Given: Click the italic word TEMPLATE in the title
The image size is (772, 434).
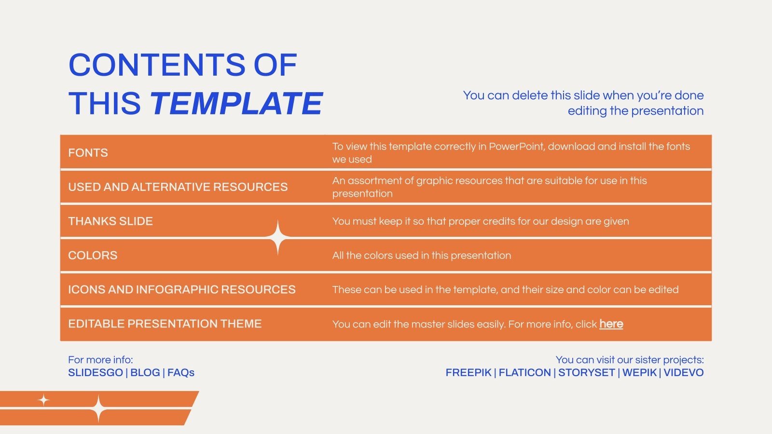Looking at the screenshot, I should tap(236, 103).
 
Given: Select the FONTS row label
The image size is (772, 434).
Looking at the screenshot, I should tap(88, 153).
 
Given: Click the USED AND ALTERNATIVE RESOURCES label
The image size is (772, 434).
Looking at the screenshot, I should tap(178, 187).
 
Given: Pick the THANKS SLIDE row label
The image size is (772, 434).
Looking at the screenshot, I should tap(110, 221).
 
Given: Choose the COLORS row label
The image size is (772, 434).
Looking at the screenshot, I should tap(93, 256).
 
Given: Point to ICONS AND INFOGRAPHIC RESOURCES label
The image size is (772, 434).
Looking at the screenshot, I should tap(181, 290).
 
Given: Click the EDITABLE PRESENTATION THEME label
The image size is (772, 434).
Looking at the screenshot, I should tap(165, 324).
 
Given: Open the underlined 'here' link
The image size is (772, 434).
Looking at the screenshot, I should tap(611, 324).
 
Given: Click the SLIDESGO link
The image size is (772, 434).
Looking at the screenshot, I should tap(96, 373).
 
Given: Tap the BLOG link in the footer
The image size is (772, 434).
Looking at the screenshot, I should tap(145, 373).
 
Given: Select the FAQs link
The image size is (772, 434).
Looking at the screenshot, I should tap(181, 373).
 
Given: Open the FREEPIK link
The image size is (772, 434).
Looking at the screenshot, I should tap(468, 373).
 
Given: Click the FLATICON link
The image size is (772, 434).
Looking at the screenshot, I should tap(524, 373).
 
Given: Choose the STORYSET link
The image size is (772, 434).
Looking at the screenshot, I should tap(586, 373).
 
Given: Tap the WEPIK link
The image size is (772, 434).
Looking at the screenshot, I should tap(639, 373).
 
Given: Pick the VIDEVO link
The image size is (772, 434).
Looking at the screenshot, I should tap(683, 373).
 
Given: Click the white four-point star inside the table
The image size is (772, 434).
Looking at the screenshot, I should tap(278, 238).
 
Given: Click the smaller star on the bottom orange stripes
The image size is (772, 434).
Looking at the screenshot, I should tap(44, 400).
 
